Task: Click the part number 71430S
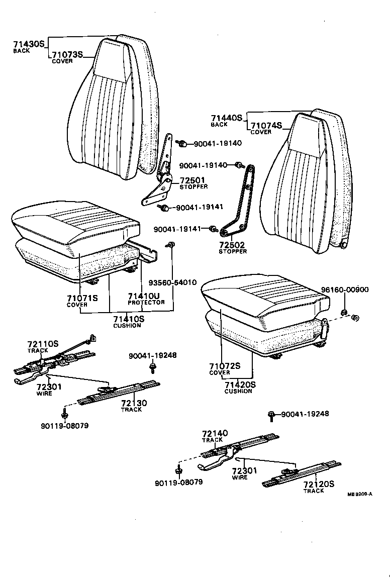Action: (29, 44)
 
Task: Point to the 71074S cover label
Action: (266, 125)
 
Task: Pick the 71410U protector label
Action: (143, 296)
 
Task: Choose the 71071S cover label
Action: (82, 298)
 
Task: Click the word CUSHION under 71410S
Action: (127, 326)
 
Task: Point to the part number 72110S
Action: (43, 344)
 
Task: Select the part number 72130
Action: (133, 403)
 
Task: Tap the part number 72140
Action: (215, 433)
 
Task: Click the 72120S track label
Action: (319, 484)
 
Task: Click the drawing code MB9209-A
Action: (359, 495)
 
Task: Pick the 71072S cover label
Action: (224, 366)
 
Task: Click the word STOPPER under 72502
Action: (233, 251)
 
